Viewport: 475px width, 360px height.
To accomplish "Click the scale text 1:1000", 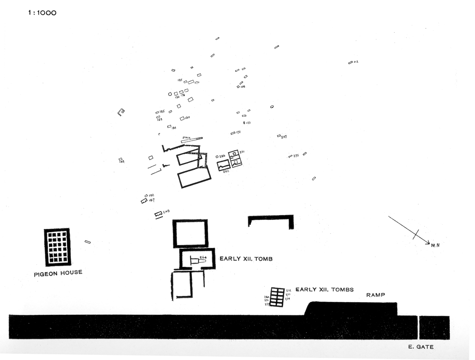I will click(42, 13).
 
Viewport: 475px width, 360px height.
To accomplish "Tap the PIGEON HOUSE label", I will click(58, 273).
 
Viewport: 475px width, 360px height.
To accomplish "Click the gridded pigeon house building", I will click(57, 247).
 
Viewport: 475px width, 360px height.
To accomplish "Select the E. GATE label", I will click(421, 347).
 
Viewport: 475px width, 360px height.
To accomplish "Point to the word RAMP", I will click(375, 295).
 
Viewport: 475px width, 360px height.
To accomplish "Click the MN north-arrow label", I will click(436, 245).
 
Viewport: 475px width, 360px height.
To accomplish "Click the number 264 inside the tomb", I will click(202, 257).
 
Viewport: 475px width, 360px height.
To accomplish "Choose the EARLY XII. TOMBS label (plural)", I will click(324, 290).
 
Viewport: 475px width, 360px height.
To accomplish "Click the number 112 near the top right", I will click(356, 62).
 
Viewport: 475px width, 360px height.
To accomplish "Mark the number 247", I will click(284, 137).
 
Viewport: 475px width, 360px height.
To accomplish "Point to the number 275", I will click(296, 156).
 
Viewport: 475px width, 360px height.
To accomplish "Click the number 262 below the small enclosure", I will click(226, 171).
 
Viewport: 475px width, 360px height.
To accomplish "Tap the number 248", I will click(166, 212).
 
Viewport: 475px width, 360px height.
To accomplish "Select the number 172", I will click(238, 132).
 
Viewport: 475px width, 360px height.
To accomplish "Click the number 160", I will click(187, 118).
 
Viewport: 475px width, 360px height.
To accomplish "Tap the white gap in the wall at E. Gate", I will click(418, 327).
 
